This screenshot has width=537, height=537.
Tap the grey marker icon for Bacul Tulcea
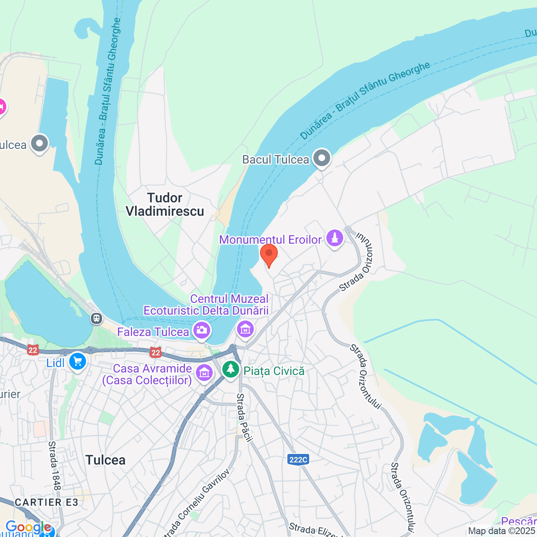(322, 159)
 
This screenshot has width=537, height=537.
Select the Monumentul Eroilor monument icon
(335, 238)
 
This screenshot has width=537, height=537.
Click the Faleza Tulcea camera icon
(202, 331)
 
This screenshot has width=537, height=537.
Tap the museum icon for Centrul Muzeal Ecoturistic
(245, 329)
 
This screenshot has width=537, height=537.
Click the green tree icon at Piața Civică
(230, 370)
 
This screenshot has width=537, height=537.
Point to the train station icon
(97, 318)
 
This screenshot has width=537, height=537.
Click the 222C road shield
(298, 459)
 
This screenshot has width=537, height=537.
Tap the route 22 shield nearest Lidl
(33, 350)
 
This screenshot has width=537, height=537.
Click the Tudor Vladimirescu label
(165, 204)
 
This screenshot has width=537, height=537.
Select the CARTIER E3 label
(46, 502)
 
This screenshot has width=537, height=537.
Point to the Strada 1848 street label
(55, 465)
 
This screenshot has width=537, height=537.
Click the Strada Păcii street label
(245, 417)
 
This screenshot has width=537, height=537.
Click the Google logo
(28, 527)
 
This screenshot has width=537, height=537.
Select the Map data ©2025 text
(502, 531)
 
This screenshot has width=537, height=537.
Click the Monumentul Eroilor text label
(270, 240)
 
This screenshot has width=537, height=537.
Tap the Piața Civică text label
(274, 371)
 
